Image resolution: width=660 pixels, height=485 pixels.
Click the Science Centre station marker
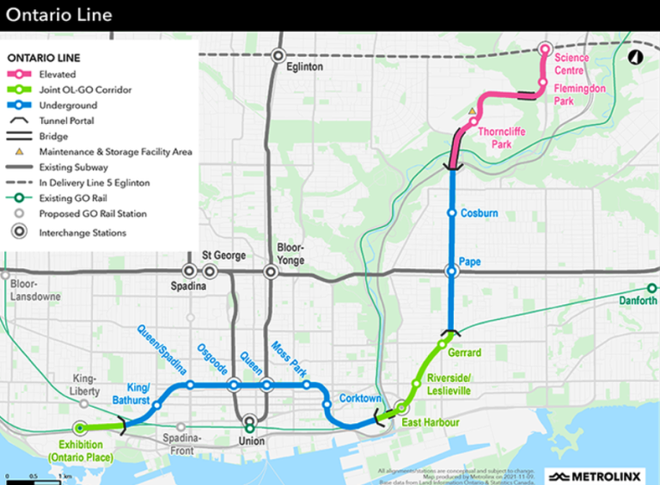point(543,49)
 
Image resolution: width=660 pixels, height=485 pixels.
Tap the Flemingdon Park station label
point(579,94)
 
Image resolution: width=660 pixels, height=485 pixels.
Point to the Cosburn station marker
point(451,212)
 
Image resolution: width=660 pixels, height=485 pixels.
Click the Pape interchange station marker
point(451,271)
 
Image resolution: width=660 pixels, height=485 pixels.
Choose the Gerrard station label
point(464,353)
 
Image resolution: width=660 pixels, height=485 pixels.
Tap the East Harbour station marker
point(401,408)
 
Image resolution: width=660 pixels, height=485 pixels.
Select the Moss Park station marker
point(307,384)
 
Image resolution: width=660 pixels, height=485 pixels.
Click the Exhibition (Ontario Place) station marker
point(80,427)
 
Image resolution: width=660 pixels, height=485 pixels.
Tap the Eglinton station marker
point(278,55)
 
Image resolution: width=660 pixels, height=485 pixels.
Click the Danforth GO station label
point(638,300)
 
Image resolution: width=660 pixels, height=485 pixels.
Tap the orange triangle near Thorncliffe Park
point(471,112)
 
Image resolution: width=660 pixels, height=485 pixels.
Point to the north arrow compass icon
point(635,58)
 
